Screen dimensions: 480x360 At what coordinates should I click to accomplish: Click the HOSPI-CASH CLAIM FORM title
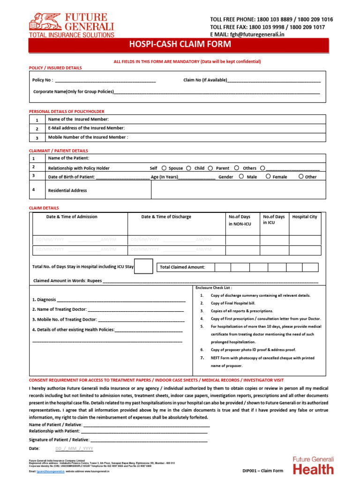pyautogui.click(x=180, y=45)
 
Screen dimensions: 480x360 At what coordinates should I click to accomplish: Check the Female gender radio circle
pyautogui.click(x=268, y=177)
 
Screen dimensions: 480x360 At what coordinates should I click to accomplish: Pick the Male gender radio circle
pyautogui.click(x=241, y=177)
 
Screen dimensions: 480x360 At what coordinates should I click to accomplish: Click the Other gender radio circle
pyautogui.click(x=300, y=177)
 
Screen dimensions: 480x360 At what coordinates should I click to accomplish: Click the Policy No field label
pyautogui.click(x=43, y=80)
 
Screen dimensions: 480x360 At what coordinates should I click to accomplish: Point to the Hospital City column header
pyautogui.click(x=305, y=217)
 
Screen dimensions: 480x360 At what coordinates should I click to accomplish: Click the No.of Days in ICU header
pyautogui.click(x=274, y=220)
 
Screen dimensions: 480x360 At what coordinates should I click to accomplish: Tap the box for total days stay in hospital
pyautogui.click(x=143, y=266)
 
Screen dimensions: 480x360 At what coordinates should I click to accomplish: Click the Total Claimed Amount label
pyautogui.click(x=182, y=267)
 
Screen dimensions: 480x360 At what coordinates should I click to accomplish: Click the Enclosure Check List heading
pyautogui.click(x=213, y=287)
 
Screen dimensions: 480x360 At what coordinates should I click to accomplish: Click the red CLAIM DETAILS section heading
pyautogui.click(x=44, y=208)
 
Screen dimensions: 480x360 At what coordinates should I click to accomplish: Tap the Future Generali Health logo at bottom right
pyautogui.click(x=314, y=465)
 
